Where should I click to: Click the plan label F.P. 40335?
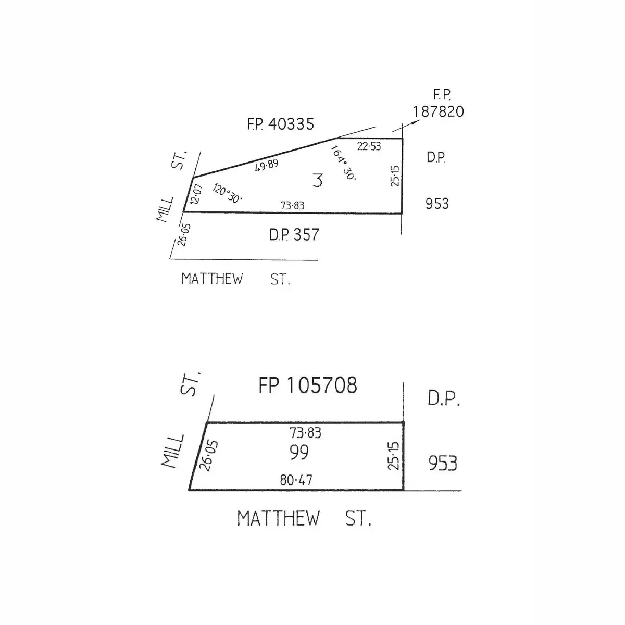pos(281,124)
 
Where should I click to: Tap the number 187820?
pos(438,111)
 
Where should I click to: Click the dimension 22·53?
pos(369,146)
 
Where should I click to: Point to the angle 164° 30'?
pos(343,163)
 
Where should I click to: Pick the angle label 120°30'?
pos(228,193)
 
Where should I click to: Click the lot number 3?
pos(318,181)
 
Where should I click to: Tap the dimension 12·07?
pos(196,194)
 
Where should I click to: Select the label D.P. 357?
pos(294,234)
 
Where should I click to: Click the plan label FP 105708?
pos(308,385)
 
